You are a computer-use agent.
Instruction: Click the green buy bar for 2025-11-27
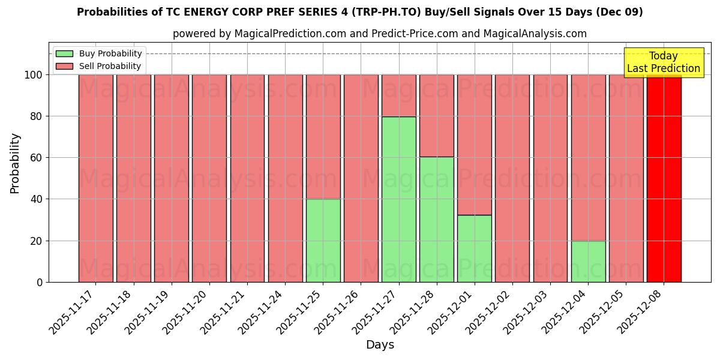[398, 199]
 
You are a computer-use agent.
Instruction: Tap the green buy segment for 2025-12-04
[588, 261]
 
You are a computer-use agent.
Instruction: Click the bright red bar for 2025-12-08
[664, 178]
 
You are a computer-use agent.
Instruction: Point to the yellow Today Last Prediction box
[663, 62]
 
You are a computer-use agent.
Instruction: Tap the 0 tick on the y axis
[39, 282]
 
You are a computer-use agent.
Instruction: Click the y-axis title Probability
[15, 163]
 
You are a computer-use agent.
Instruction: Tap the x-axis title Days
[380, 345]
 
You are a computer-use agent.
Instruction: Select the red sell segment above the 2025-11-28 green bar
[436, 115]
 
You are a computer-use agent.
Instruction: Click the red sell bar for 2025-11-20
[209, 178]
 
